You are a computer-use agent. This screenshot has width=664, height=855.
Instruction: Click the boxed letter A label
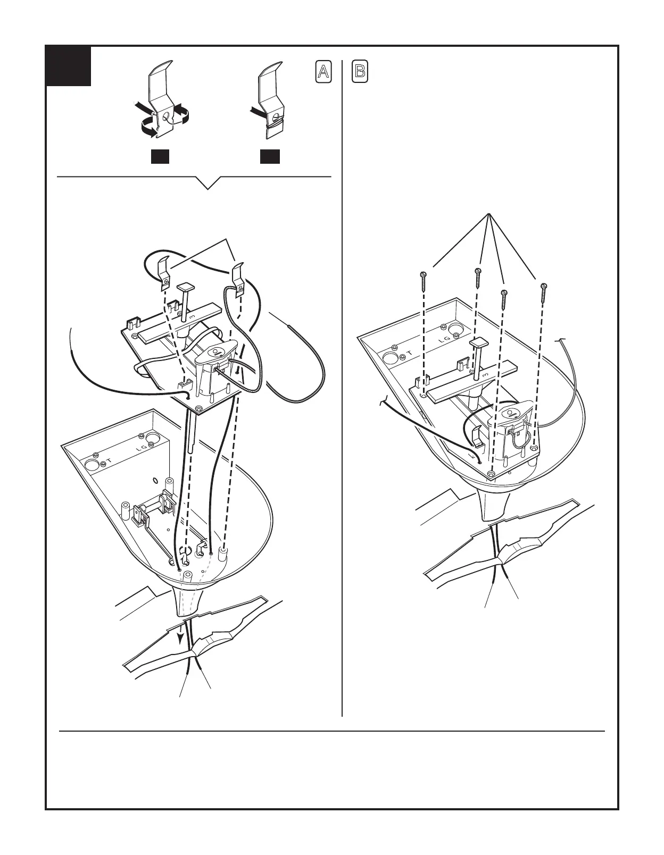[323, 72]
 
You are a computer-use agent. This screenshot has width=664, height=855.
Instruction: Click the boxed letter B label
[360, 72]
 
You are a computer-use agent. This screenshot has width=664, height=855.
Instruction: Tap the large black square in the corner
[69, 66]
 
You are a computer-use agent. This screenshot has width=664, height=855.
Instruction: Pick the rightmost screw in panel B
[543, 292]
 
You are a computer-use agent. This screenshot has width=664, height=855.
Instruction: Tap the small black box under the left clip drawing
[160, 156]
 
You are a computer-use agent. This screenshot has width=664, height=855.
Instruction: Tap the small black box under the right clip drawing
[270, 156]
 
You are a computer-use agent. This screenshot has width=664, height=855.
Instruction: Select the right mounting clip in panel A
[238, 276]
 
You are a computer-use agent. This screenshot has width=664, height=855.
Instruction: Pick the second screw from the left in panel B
[478, 275]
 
